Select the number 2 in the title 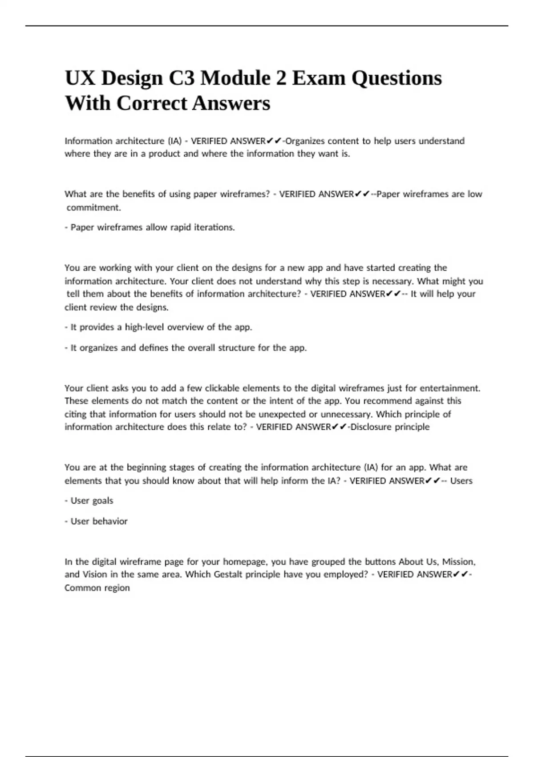(x=280, y=78)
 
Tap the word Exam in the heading (x=318, y=78)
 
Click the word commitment (x=94, y=208)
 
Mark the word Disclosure (x=371, y=427)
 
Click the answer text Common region (x=97, y=588)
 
